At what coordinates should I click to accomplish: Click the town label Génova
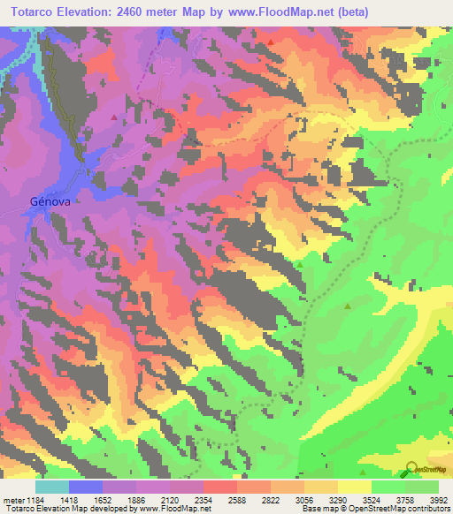[50, 200]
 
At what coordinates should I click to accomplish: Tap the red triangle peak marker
[269, 41]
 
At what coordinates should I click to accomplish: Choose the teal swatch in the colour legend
[52, 487]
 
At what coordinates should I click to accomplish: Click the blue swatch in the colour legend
[86, 487]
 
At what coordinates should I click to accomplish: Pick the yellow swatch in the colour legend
[355, 487]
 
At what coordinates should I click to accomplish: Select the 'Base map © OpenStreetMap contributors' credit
[374, 509]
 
